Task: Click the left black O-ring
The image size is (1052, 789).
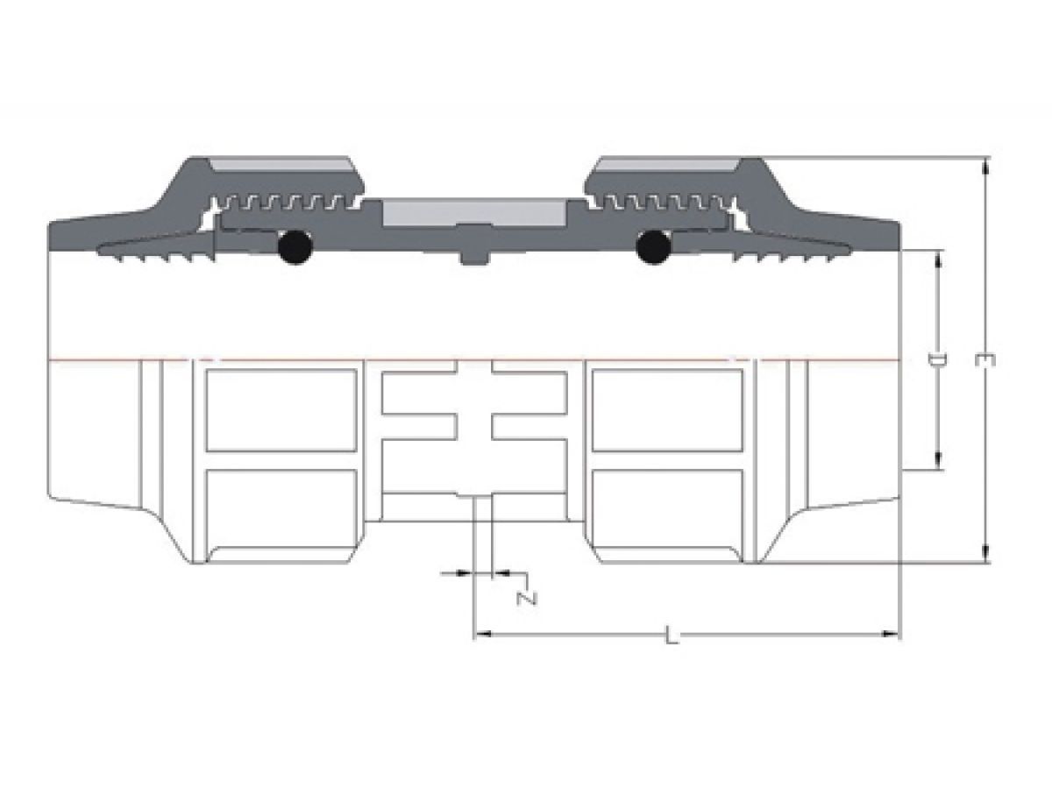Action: (295, 247)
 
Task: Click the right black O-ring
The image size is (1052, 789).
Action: (653, 247)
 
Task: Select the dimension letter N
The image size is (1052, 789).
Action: (527, 599)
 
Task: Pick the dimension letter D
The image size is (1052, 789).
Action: (937, 359)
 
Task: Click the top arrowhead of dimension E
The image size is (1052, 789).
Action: (985, 166)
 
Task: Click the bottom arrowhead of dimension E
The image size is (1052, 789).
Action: (985, 554)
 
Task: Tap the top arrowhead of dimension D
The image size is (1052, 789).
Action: (938, 259)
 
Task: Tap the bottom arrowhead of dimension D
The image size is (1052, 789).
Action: (938, 461)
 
